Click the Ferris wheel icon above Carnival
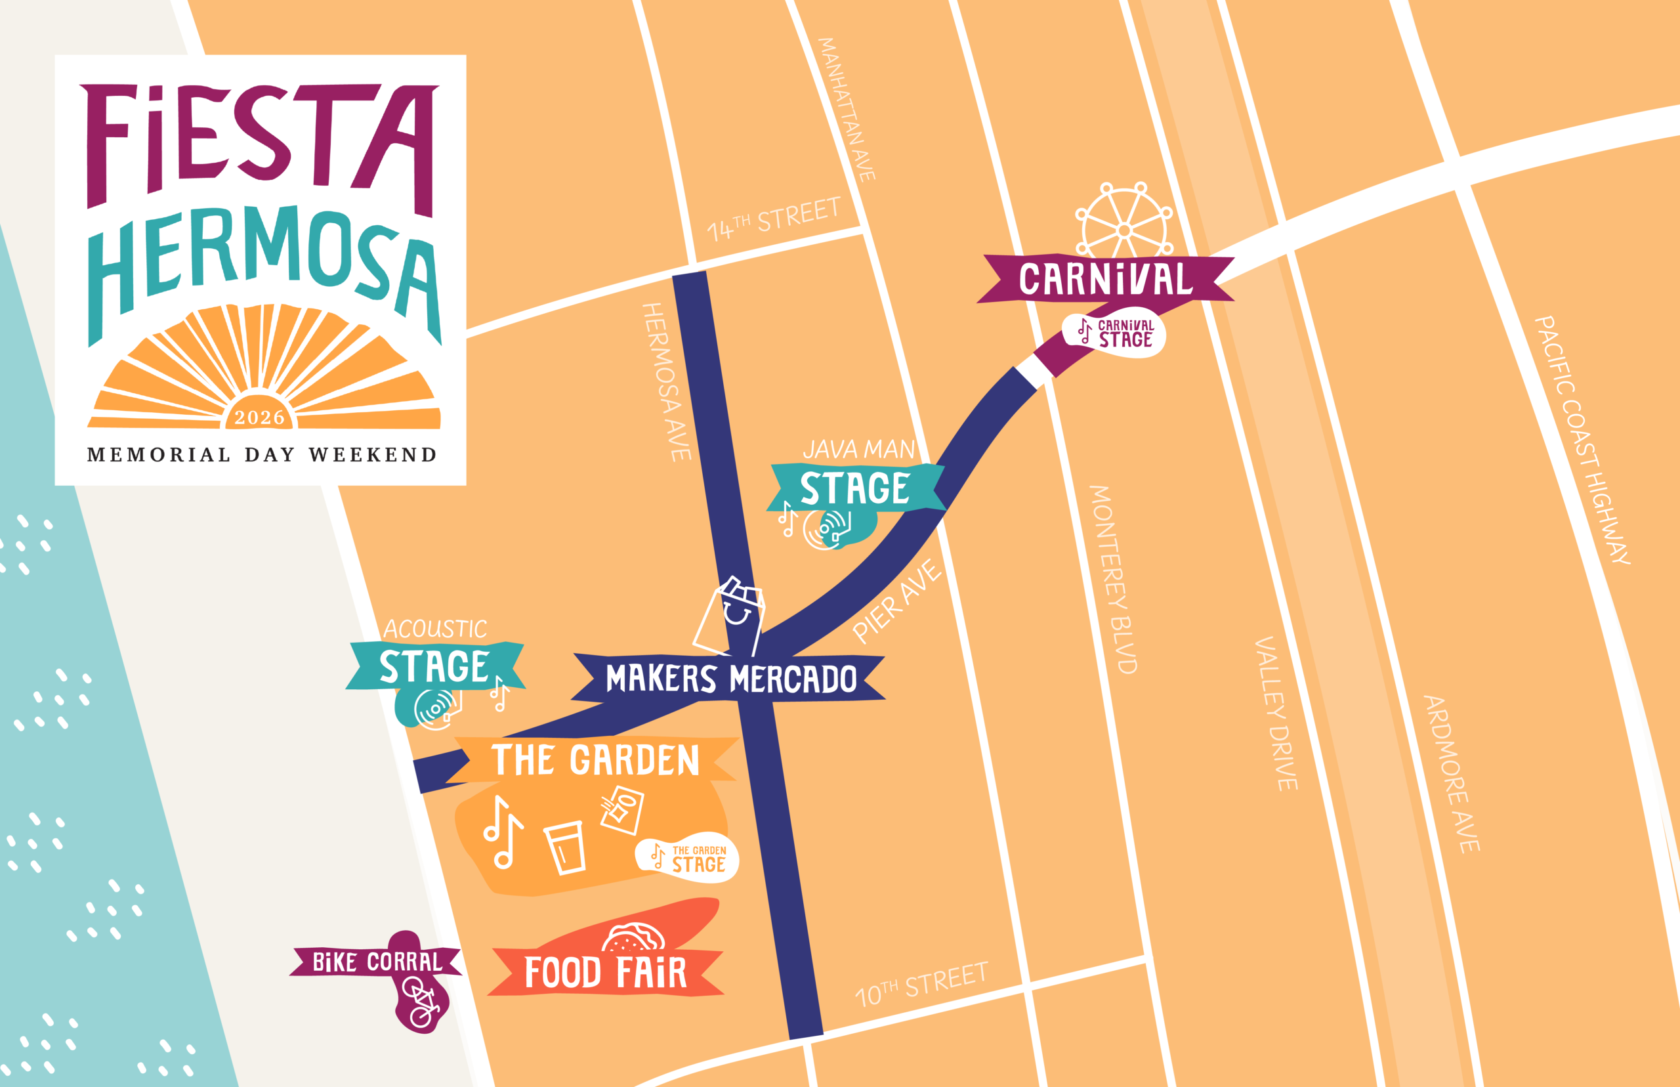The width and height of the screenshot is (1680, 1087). point(1123,222)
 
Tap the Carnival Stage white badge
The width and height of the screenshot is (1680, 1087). point(1114,333)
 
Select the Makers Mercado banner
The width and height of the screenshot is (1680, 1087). point(730,678)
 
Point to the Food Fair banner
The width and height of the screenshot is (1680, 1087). point(606,973)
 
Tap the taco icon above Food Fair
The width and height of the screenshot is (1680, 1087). point(633,937)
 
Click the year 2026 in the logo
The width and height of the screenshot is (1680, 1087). point(260,418)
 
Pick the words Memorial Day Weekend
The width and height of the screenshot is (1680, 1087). point(261,455)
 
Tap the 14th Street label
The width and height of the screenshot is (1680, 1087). point(774,219)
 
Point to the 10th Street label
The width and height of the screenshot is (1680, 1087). point(921,985)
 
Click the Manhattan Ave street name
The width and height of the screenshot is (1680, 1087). point(846,110)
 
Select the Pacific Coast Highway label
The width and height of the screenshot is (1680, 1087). point(1583,439)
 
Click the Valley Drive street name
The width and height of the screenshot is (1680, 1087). point(1276,713)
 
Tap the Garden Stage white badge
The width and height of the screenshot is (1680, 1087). point(687,859)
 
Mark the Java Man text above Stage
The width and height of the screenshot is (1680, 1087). point(858,450)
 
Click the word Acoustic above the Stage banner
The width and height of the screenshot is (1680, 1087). point(434,629)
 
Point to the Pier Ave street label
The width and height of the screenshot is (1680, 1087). point(896,601)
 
